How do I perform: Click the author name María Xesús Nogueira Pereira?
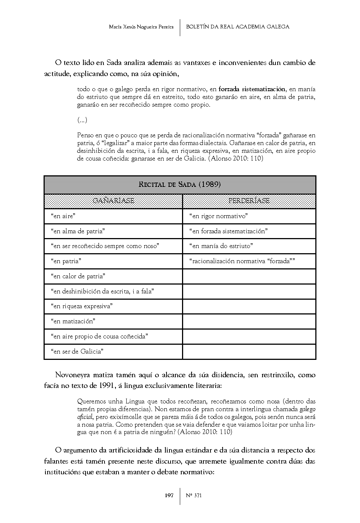click(141, 27)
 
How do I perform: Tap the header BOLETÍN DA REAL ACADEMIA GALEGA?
click(237, 27)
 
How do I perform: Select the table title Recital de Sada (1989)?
click(180, 185)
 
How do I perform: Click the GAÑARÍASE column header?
click(113, 201)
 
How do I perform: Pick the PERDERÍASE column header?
click(249, 201)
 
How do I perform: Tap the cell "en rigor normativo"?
click(218, 216)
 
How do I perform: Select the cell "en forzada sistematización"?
click(228, 231)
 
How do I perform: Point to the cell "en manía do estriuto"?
click(221, 246)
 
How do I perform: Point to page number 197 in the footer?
click(169, 496)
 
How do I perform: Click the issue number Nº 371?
click(193, 496)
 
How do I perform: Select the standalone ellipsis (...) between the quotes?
click(82, 120)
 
